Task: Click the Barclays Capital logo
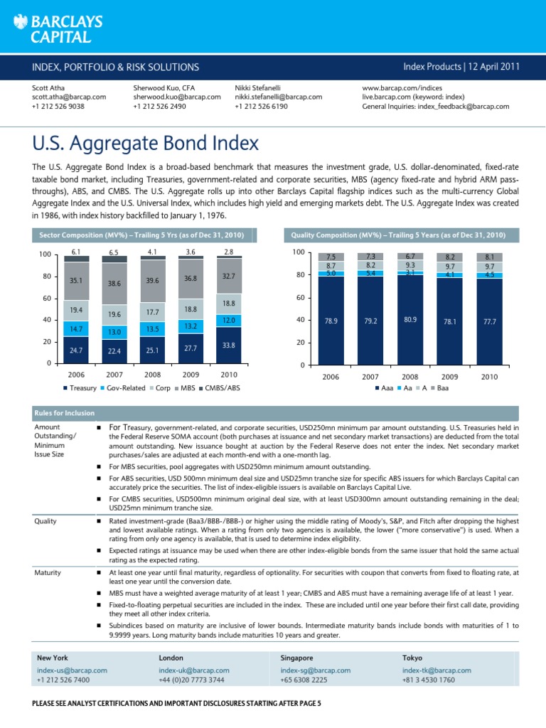58,28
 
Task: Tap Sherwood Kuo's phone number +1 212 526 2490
159,107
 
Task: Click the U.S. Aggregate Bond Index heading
146,144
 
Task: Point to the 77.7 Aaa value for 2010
491,321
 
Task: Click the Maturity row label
48,572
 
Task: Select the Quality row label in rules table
45,520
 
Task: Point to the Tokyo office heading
413,658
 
